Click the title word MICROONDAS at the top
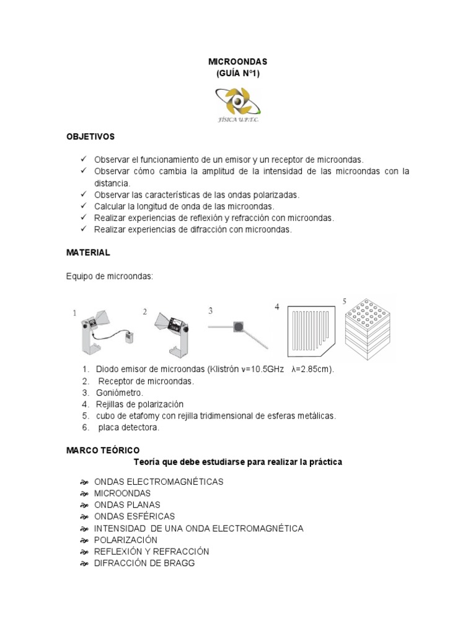[238, 63]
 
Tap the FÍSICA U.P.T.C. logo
[238, 104]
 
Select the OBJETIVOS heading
[90, 136]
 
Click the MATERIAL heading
[88, 253]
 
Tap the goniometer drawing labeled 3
[239, 328]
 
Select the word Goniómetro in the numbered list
[120, 393]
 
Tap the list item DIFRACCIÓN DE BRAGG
[144, 563]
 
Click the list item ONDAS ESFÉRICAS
[134, 516]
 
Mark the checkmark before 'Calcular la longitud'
[84, 206]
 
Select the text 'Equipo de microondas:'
[109, 276]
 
